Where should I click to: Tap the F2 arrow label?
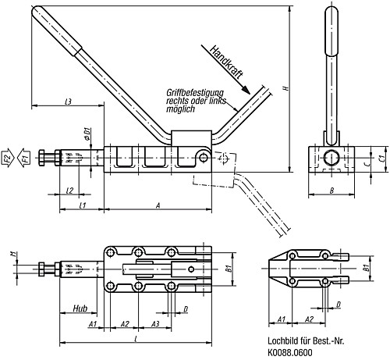pyautogui.click(x=7, y=159)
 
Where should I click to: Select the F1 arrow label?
pyautogui.click(x=25, y=159)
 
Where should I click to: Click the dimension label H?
pyautogui.click(x=285, y=90)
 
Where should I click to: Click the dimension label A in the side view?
pyautogui.click(x=158, y=205)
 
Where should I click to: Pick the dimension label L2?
pyautogui.click(x=70, y=190)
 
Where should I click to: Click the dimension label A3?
pyautogui.click(x=156, y=323)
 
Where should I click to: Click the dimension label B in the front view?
pyautogui.click(x=332, y=190)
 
